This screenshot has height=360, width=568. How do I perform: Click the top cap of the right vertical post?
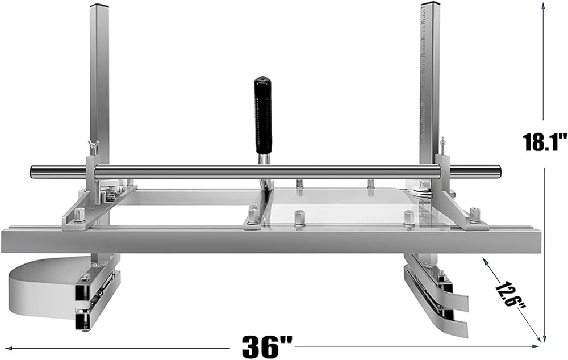[430, 5]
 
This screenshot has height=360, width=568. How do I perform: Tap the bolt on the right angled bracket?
[474, 215]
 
